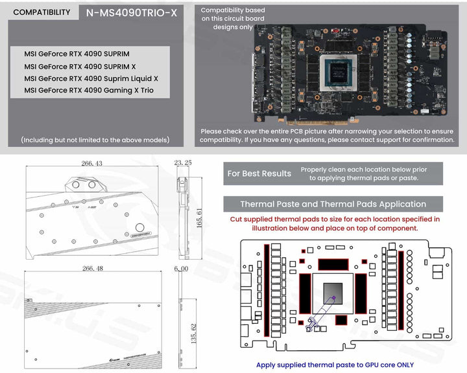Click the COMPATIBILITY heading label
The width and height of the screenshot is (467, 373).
[42, 12]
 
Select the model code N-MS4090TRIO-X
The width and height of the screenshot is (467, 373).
[131, 12]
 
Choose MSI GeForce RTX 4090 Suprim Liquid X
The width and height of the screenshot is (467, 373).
[91, 78]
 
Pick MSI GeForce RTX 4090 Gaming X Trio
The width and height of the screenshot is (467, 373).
[89, 91]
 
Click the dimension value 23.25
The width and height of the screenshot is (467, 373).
[184, 164]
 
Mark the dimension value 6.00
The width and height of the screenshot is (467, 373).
[181, 268]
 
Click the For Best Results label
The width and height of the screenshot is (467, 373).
[259, 174]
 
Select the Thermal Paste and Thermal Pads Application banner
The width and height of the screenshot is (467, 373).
[333, 204]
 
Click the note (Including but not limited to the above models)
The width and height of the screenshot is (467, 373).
[95, 140]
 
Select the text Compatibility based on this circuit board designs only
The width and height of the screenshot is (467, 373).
[233, 19]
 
